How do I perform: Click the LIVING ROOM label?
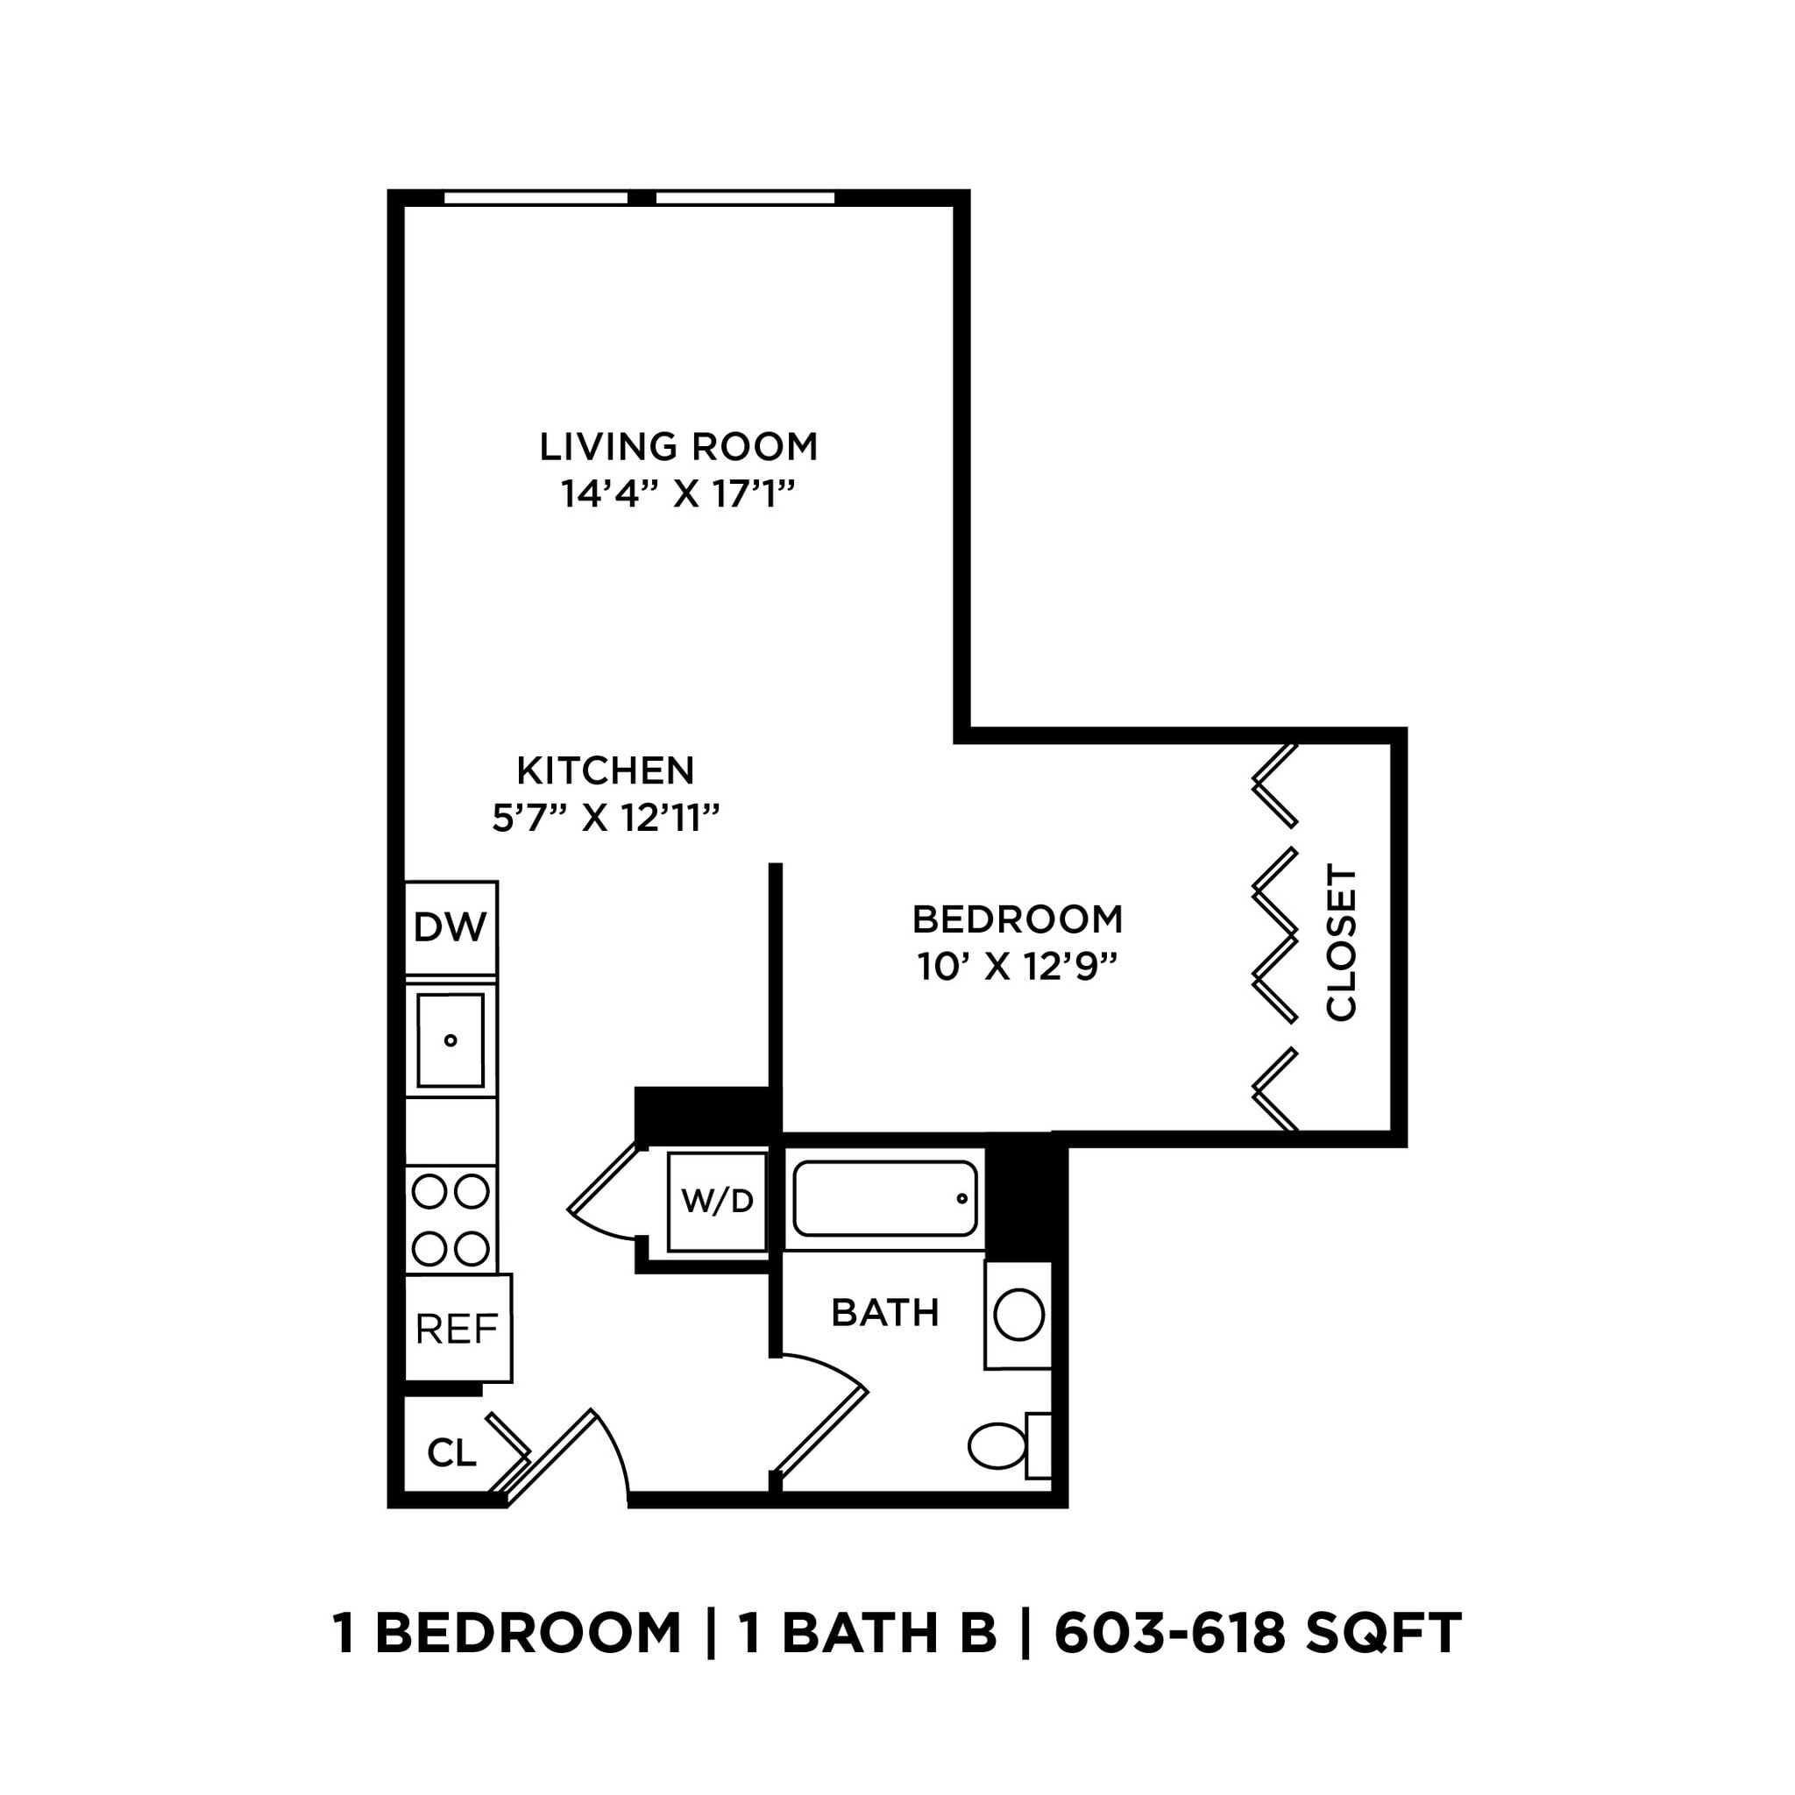click(x=678, y=447)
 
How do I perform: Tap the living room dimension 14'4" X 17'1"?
click(x=678, y=494)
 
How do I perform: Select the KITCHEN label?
click(x=605, y=770)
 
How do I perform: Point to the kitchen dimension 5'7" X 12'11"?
click(x=606, y=819)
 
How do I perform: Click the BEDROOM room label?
click(x=1018, y=919)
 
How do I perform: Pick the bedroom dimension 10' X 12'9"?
click(x=1018, y=968)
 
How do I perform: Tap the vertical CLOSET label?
click(x=1341, y=943)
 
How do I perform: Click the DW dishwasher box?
click(x=451, y=926)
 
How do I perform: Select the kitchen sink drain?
click(x=451, y=1040)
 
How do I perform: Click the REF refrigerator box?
click(x=458, y=1329)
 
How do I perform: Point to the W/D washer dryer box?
click(x=717, y=1202)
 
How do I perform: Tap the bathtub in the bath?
click(x=884, y=1198)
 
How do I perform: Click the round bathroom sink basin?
click(x=1018, y=1316)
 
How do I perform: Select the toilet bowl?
click(x=997, y=1446)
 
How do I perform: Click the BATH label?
click(x=884, y=1313)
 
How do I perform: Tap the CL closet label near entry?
click(x=451, y=1453)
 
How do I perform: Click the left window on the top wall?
click(x=536, y=198)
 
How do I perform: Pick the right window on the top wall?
click(x=745, y=198)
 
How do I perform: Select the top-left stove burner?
click(x=429, y=1191)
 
